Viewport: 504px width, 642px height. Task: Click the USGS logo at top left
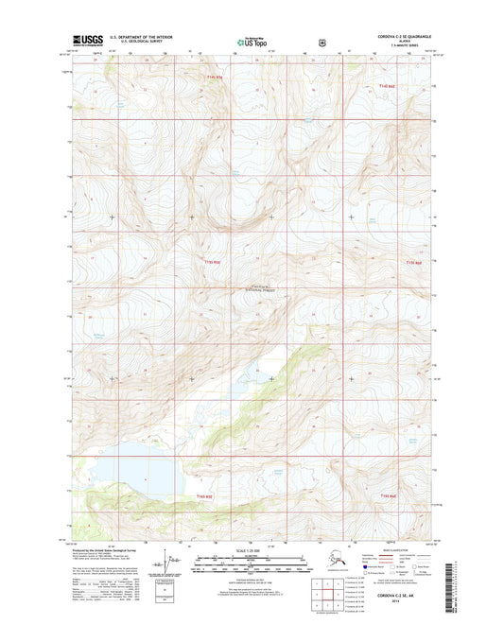tap(87, 41)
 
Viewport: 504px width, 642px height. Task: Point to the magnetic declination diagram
tap(171, 564)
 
